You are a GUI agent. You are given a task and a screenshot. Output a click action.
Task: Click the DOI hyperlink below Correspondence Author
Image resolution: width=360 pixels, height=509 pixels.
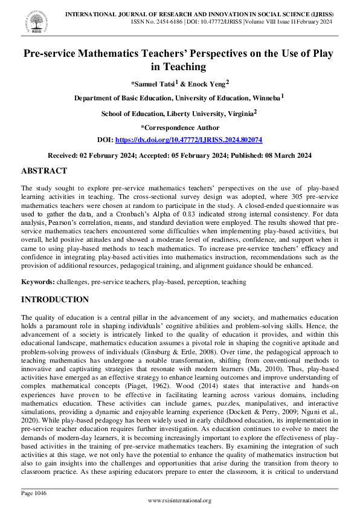tap(188, 140)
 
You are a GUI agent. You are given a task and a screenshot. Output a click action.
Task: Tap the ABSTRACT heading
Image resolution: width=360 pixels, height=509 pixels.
tap(44, 171)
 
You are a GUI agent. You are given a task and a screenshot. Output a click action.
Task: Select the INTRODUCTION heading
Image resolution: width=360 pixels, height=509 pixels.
tap(55, 299)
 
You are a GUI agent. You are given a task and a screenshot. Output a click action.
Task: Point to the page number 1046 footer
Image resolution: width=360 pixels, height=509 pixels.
tap(33, 493)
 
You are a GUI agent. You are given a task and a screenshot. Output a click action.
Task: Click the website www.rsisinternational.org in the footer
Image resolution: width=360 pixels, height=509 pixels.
tap(179, 501)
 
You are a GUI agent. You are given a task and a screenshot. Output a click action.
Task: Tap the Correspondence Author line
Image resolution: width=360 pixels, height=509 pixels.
tap(179, 128)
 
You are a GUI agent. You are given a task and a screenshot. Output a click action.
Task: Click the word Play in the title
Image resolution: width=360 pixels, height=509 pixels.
tap(318, 54)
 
